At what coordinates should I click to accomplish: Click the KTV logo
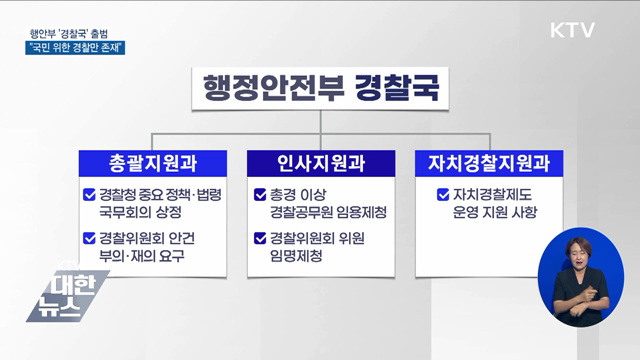coord(572,30)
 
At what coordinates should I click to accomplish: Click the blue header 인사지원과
coord(320,160)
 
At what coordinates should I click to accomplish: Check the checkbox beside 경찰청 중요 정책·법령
coord(90,195)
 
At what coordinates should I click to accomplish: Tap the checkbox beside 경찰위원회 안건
coord(90,238)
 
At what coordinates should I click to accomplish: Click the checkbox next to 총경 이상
coord(260,195)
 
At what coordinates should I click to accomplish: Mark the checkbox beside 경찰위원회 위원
coord(260,238)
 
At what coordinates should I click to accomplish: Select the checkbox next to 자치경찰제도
coord(444,195)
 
